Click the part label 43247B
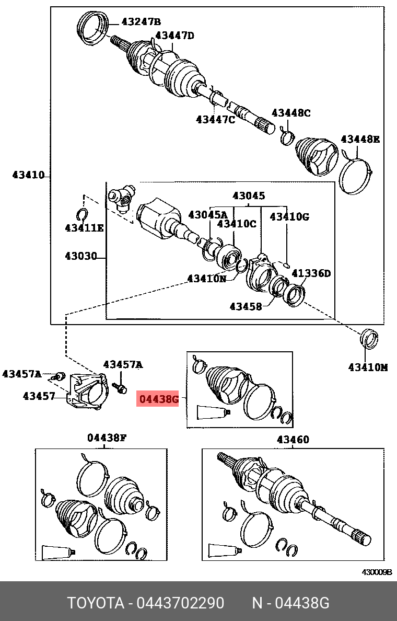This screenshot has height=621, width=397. (x=141, y=21)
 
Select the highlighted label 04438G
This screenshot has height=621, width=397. (x=158, y=400)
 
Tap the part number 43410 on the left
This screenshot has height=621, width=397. (x=28, y=175)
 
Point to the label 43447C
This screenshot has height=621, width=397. (x=215, y=120)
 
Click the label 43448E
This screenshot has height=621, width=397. (x=360, y=139)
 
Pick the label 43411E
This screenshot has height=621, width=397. (x=84, y=228)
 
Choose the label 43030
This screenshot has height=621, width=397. (x=81, y=256)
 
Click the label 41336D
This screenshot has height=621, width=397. (x=311, y=273)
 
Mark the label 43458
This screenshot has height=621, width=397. (x=246, y=306)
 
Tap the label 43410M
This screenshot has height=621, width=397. (x=368, y=367)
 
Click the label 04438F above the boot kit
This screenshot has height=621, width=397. (x=107, y=438)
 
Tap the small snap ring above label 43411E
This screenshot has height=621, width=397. (x=81, y=214)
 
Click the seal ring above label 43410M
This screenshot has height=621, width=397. (x=369, y=338)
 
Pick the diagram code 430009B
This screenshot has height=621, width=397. (x=377, y=572)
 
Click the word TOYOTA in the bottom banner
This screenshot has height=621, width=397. (x=95, y=603)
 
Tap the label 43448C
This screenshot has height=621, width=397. (x=291, y=113)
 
